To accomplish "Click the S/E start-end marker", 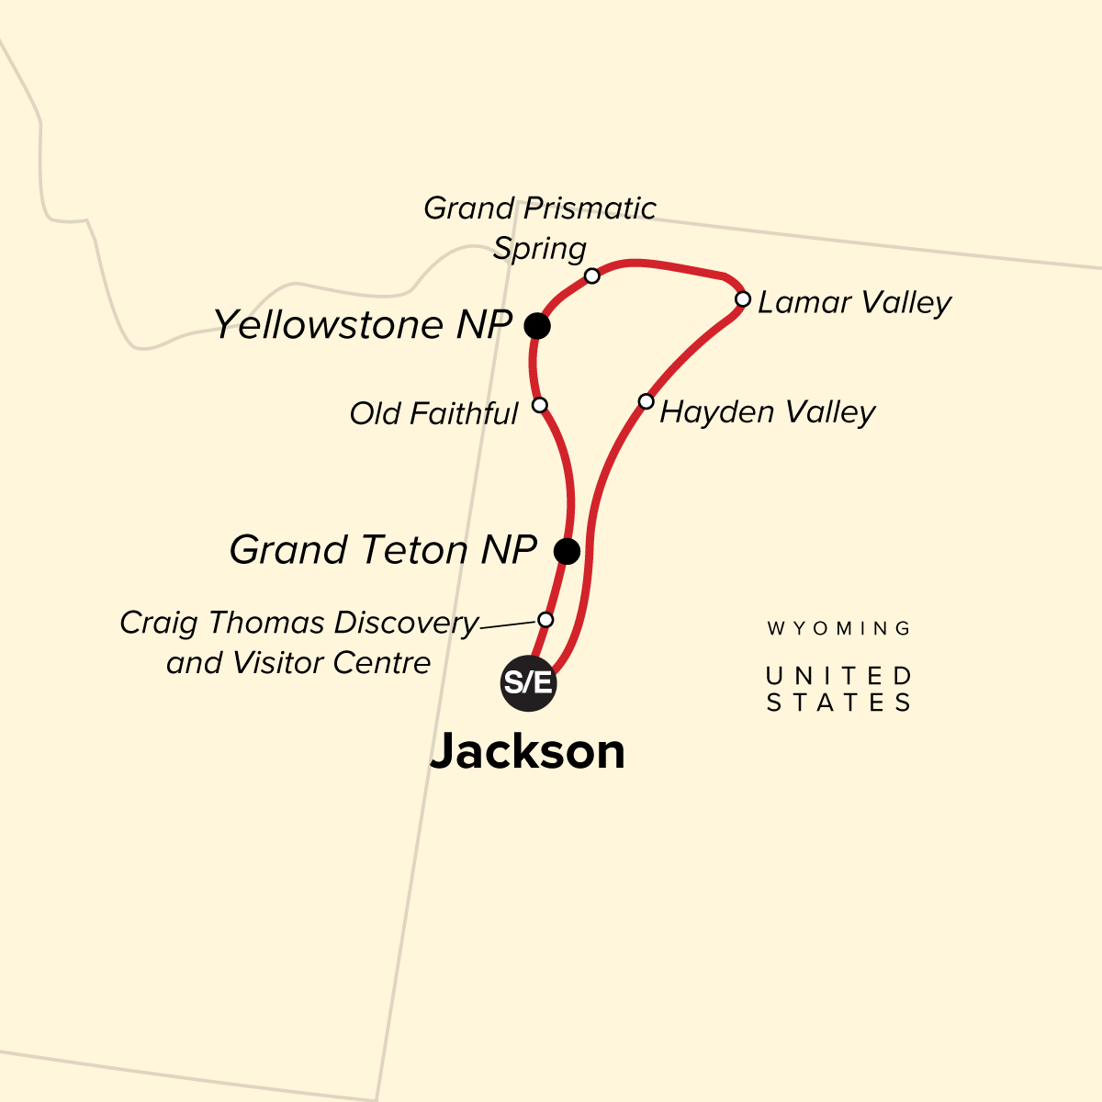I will [528, 683].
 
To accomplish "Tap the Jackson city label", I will [527, 751].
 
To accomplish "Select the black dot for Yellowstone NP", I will [537, 325].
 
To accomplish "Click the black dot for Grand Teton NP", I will [568, 551].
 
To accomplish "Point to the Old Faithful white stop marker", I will [540, 405].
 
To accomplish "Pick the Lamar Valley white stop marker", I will [742, 299].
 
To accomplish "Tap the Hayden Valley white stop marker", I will [646, 401].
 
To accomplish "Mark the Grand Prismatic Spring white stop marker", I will [592, 275].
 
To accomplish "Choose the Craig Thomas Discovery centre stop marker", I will [545, 620].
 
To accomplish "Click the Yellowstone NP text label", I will [362, 324].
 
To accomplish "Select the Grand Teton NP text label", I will [383, 550].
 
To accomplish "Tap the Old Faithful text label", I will [433, 414].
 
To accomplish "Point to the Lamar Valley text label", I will [854, 302].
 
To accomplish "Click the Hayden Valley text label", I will [767, 411].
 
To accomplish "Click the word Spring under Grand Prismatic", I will [539, 249].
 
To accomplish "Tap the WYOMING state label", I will [838, 629].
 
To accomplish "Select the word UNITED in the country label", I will [838, 677].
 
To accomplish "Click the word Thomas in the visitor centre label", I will [267, 623].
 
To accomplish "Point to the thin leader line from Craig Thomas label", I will [509, 625].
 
